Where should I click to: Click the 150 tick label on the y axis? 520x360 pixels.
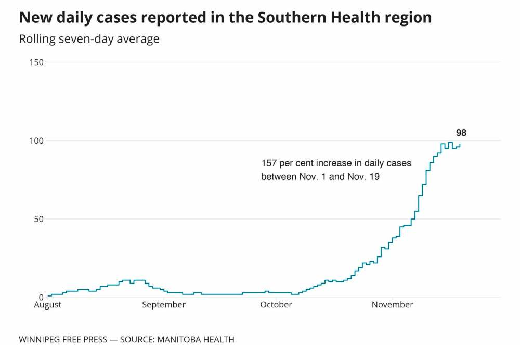pos(37,62)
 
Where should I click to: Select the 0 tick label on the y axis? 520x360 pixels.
pos(42,297)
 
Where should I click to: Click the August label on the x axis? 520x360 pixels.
pos(48,305)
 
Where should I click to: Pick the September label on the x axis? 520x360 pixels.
pos(164,305)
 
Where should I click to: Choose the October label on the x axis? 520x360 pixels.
pos(276,305)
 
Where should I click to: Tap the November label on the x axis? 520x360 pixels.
pos(393,305)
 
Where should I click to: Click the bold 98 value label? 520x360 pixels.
pos(461,133)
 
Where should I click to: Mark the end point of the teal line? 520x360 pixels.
pos(460,144)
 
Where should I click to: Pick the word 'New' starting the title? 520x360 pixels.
pos(33,18)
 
